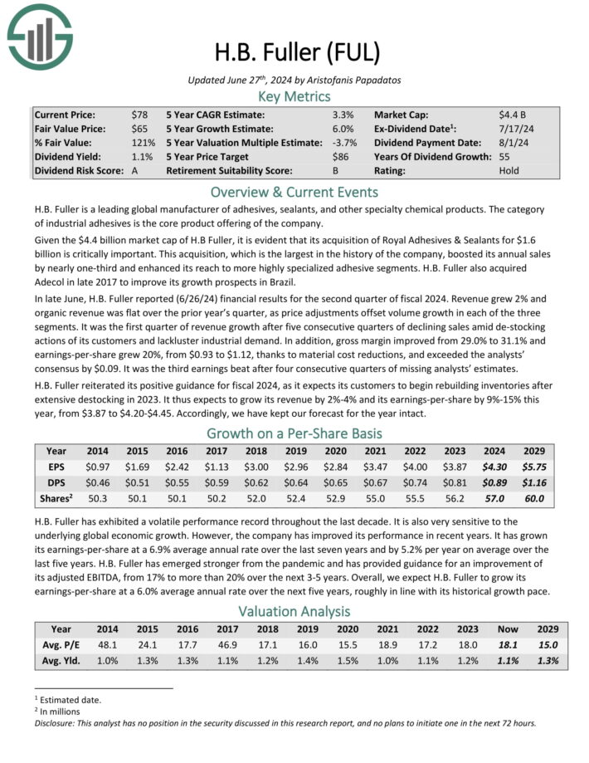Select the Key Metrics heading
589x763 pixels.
coord(294,96)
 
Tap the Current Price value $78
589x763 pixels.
coord(140,115)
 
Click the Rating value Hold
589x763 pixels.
coord(509,171)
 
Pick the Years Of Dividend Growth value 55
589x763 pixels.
coord(504,157)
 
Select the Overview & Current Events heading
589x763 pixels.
coord(294,190)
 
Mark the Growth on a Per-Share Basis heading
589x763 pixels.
coord(294,433)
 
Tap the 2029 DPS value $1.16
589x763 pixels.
coord(534,483)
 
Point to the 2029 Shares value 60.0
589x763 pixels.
coord(534,499)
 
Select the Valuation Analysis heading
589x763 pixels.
coord(294,611)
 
